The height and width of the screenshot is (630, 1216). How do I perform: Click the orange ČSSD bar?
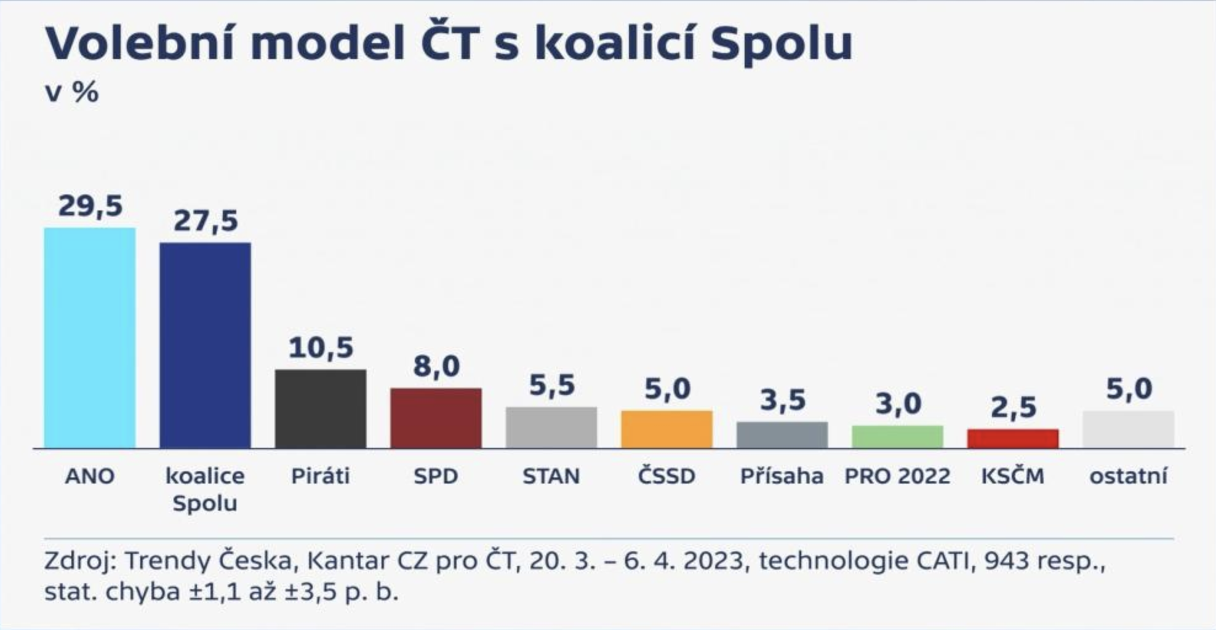666,429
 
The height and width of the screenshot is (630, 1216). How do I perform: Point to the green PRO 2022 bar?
897,436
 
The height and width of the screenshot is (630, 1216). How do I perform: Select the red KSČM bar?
1013,438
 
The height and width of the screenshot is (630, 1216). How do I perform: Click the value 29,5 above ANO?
90,206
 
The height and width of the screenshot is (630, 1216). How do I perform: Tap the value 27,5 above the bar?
206,221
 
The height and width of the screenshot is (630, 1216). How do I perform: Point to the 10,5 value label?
321,348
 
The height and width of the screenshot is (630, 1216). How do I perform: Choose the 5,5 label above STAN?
552,386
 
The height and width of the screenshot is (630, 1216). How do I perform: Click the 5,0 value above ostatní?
1129,389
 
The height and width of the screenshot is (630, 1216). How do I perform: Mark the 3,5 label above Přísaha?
782,401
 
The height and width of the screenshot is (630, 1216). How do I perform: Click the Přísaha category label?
782,476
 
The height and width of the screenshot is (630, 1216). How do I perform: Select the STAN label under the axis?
551,476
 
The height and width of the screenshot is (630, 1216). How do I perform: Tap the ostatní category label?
1128,476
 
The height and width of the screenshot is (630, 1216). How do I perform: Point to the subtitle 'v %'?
71,92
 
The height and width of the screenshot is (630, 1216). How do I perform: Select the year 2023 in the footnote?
716,561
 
